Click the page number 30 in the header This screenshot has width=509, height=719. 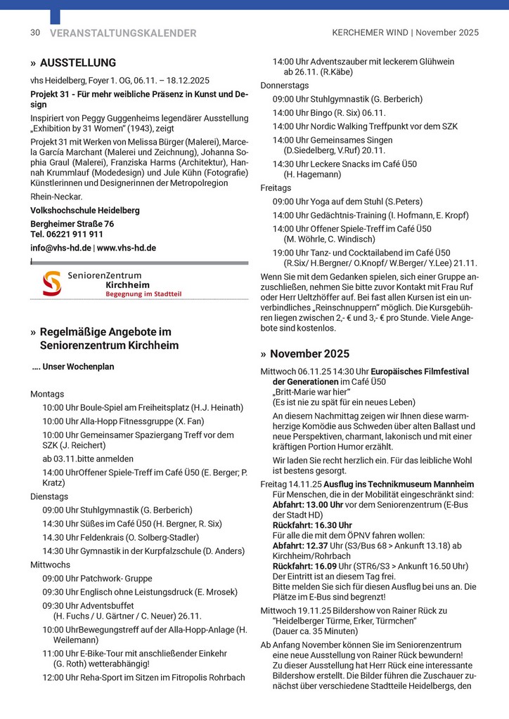35,33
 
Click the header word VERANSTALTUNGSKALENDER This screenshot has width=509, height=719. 123,33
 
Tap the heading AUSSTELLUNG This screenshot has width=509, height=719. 77,63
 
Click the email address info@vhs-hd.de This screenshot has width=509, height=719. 60,248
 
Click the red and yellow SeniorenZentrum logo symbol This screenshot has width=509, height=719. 51,284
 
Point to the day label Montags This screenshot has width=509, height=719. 47,394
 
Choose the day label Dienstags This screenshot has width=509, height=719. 50,496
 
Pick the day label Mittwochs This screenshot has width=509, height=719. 50,564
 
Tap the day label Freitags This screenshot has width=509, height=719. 276,187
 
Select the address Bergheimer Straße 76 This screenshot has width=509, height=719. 72,223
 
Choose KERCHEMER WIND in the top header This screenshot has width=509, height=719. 371,33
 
